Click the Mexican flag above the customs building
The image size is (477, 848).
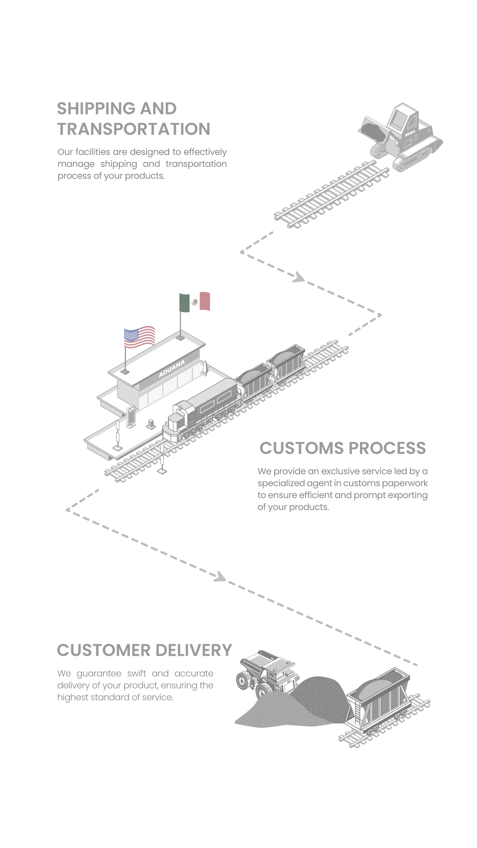pos(195,302)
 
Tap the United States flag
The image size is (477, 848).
pos(140,337)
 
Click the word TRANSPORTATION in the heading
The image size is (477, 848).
pos(134,129)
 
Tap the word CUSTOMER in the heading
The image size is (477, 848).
pos(103,650)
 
